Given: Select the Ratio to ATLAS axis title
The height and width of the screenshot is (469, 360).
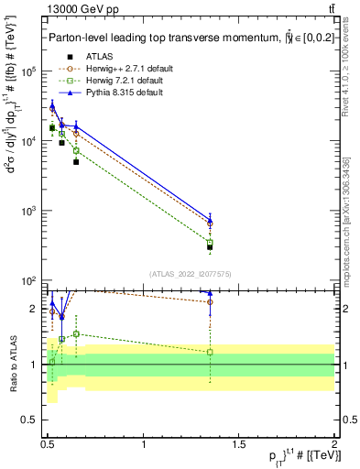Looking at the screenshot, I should click(x=12, y=364).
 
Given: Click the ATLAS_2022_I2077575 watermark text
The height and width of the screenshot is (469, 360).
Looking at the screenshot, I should click(x=191, y=273).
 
